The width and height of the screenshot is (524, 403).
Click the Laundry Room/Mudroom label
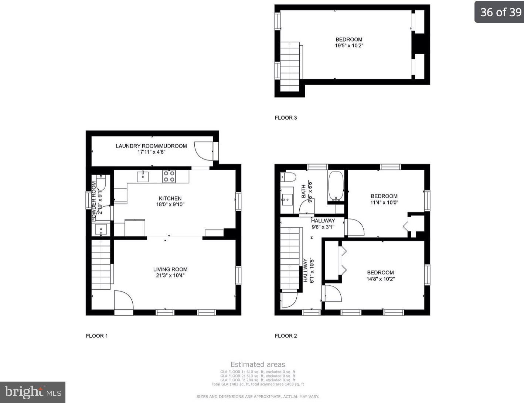[151, 146]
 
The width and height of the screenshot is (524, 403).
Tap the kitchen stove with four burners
[169, 176]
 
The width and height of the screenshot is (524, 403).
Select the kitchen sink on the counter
[143, 176]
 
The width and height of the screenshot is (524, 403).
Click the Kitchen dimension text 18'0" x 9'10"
[170, 204]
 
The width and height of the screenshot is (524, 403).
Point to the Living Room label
[170, 269]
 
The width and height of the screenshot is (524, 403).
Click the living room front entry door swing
[123, 301]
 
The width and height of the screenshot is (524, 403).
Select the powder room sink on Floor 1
[101, 230]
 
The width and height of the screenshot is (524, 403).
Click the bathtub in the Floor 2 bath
[336, 186]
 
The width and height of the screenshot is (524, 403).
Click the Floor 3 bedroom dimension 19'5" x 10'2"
[348, 46]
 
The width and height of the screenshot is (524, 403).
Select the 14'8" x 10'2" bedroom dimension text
[380, 279]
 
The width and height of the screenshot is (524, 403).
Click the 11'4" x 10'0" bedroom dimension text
[384, 202]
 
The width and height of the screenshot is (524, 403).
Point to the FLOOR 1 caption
[97, 336]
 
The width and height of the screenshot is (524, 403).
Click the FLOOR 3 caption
[286, 118]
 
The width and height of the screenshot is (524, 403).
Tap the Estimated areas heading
[258, 365]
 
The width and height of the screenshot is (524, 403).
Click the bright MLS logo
[33, 392]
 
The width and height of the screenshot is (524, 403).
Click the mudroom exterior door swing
[203, 151]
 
